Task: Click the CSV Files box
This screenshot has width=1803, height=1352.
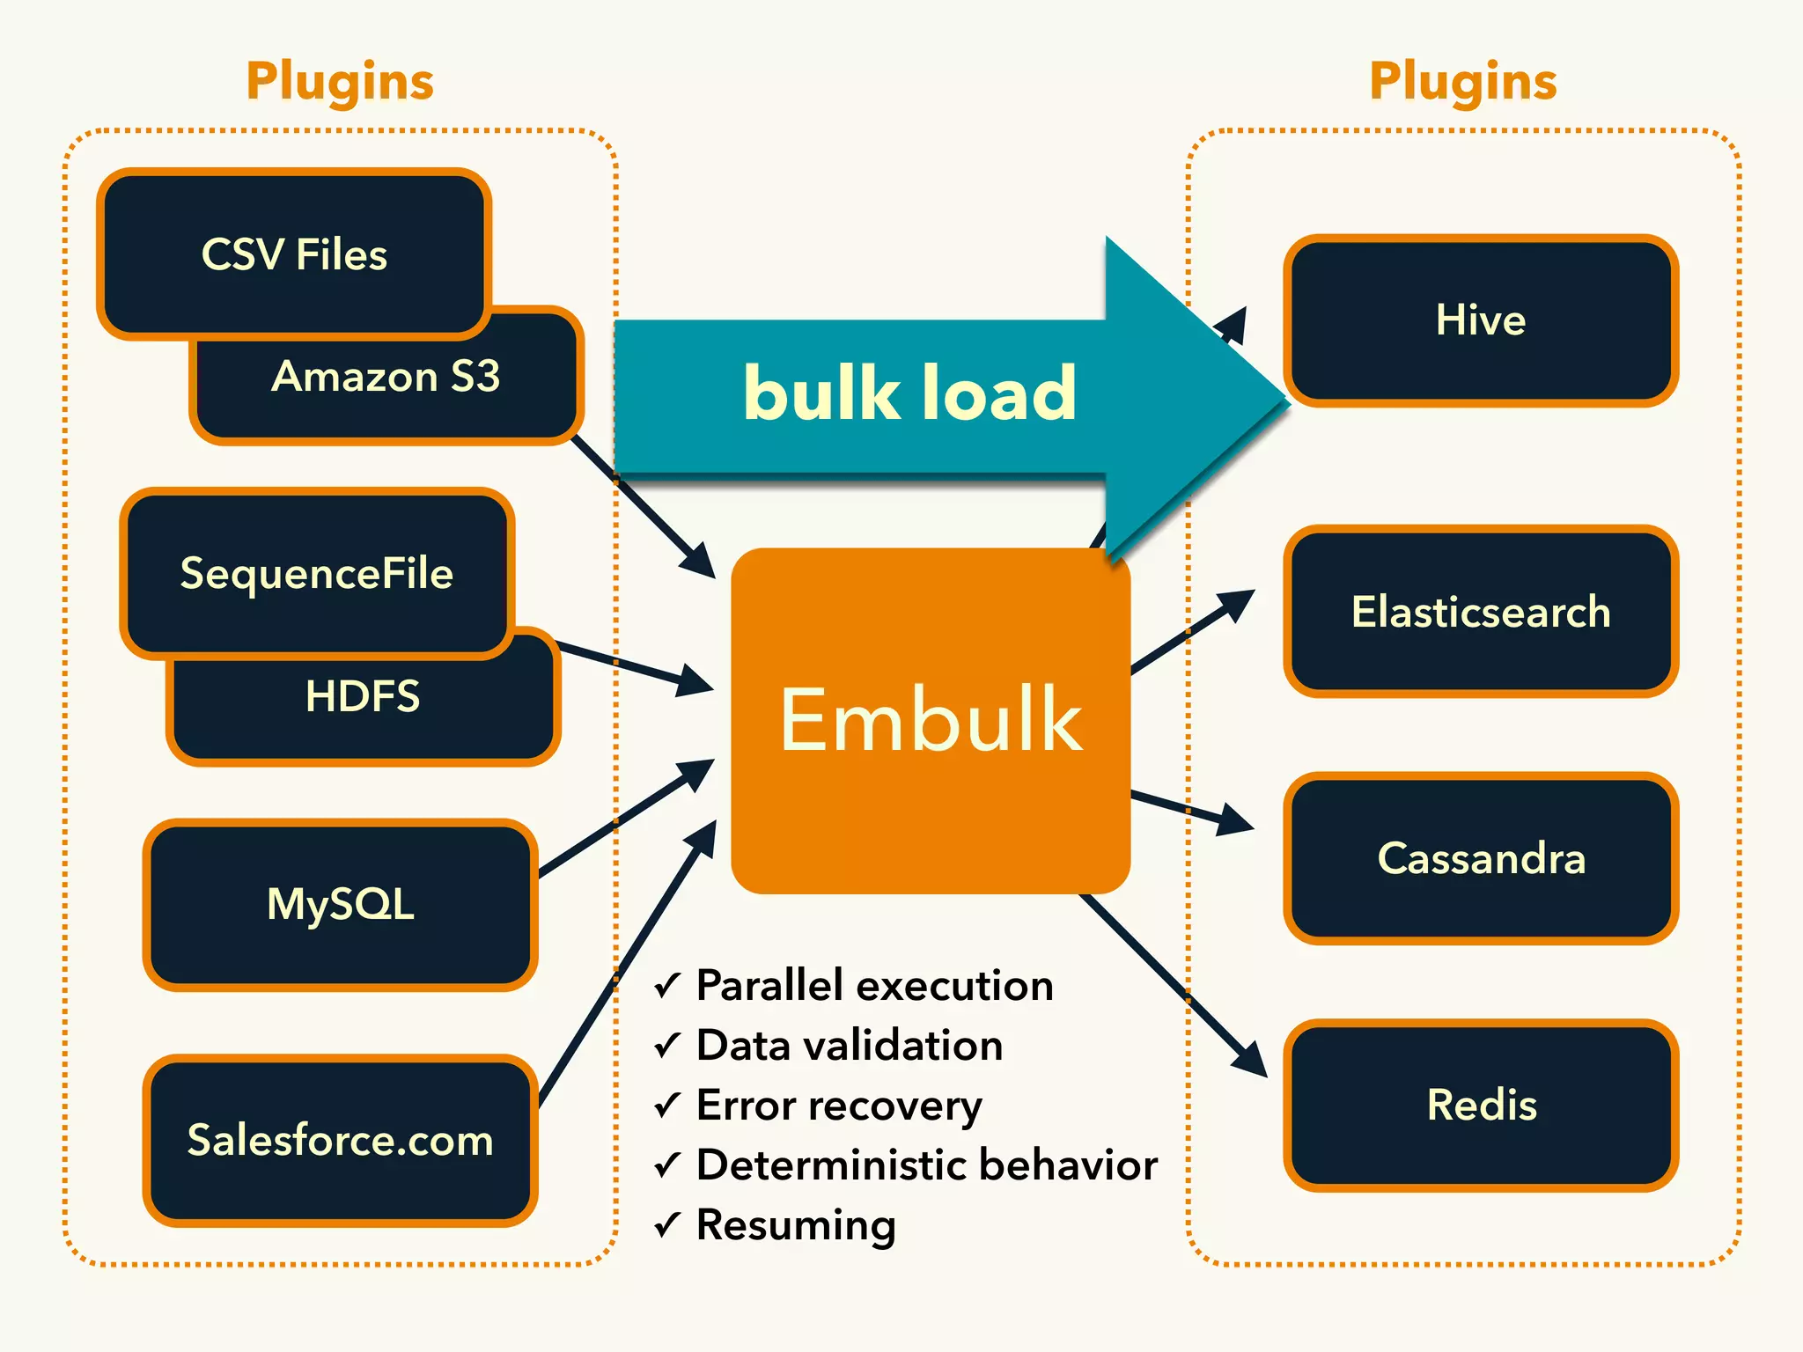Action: [x=294, y=254]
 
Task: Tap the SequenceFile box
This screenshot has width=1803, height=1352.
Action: [x=317, y=573]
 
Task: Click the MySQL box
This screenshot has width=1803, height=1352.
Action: [x=340, y=904]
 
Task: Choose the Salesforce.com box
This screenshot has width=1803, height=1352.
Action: [x=340, y=1140]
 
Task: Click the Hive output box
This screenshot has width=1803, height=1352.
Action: [x=1481, y=320]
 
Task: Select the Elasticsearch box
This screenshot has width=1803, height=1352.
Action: [x=1481, y=612]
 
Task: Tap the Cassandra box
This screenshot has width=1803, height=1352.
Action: [x=1481, y=858]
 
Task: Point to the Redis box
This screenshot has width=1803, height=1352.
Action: [x=1481, y=1105]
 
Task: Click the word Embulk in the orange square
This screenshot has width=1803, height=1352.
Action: [x=931, y=720]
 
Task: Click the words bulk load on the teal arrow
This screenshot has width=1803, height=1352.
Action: [x=909, y=393]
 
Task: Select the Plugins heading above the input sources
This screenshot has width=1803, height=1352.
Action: [x=340, y=81]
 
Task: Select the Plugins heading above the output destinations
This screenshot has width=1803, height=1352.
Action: [x=1463, y=81]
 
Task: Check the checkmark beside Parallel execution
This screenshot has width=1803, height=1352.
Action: [x=668, y=986]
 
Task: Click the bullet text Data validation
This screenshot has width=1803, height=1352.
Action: [x=849, y=1046]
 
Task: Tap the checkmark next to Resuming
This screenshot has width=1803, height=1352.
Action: [x=668, y=1225]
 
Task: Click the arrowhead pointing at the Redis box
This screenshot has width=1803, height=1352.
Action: [x=1250, y=1059]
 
